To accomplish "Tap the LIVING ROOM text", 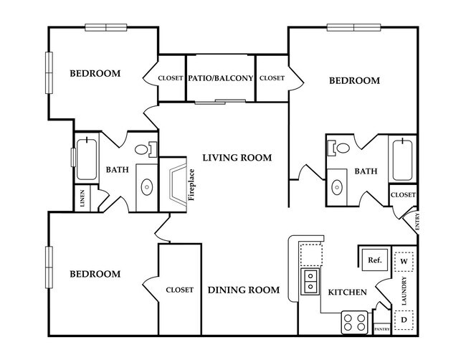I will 236,158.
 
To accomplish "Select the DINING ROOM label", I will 243,290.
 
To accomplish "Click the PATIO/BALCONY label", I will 221,77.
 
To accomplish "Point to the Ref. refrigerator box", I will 374,260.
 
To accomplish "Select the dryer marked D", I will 404,318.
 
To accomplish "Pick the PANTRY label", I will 381,330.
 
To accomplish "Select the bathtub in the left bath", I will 87,158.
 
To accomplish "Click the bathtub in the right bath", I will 402,158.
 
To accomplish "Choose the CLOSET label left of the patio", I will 171,77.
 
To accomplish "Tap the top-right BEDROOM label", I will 354,81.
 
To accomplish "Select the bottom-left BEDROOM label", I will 95,274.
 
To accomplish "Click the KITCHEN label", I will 348,292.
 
